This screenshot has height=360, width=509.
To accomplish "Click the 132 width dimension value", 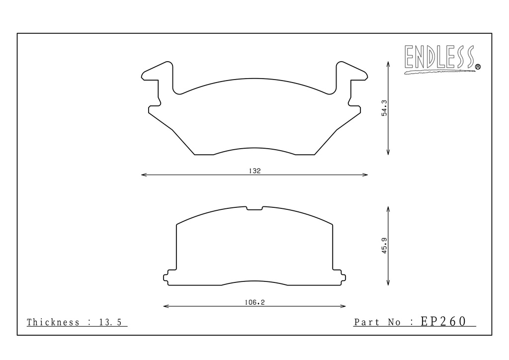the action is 255,171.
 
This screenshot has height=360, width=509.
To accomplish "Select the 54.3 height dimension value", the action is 384,108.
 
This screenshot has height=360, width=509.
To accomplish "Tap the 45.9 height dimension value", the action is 384,246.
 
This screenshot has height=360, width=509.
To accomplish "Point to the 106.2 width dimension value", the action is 255,302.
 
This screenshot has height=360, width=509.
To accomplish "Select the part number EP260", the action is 443,321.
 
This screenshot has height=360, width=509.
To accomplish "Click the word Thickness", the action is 53,322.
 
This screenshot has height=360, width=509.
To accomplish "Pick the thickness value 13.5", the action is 110,322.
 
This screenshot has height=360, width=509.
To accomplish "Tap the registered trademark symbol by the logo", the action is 478,67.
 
